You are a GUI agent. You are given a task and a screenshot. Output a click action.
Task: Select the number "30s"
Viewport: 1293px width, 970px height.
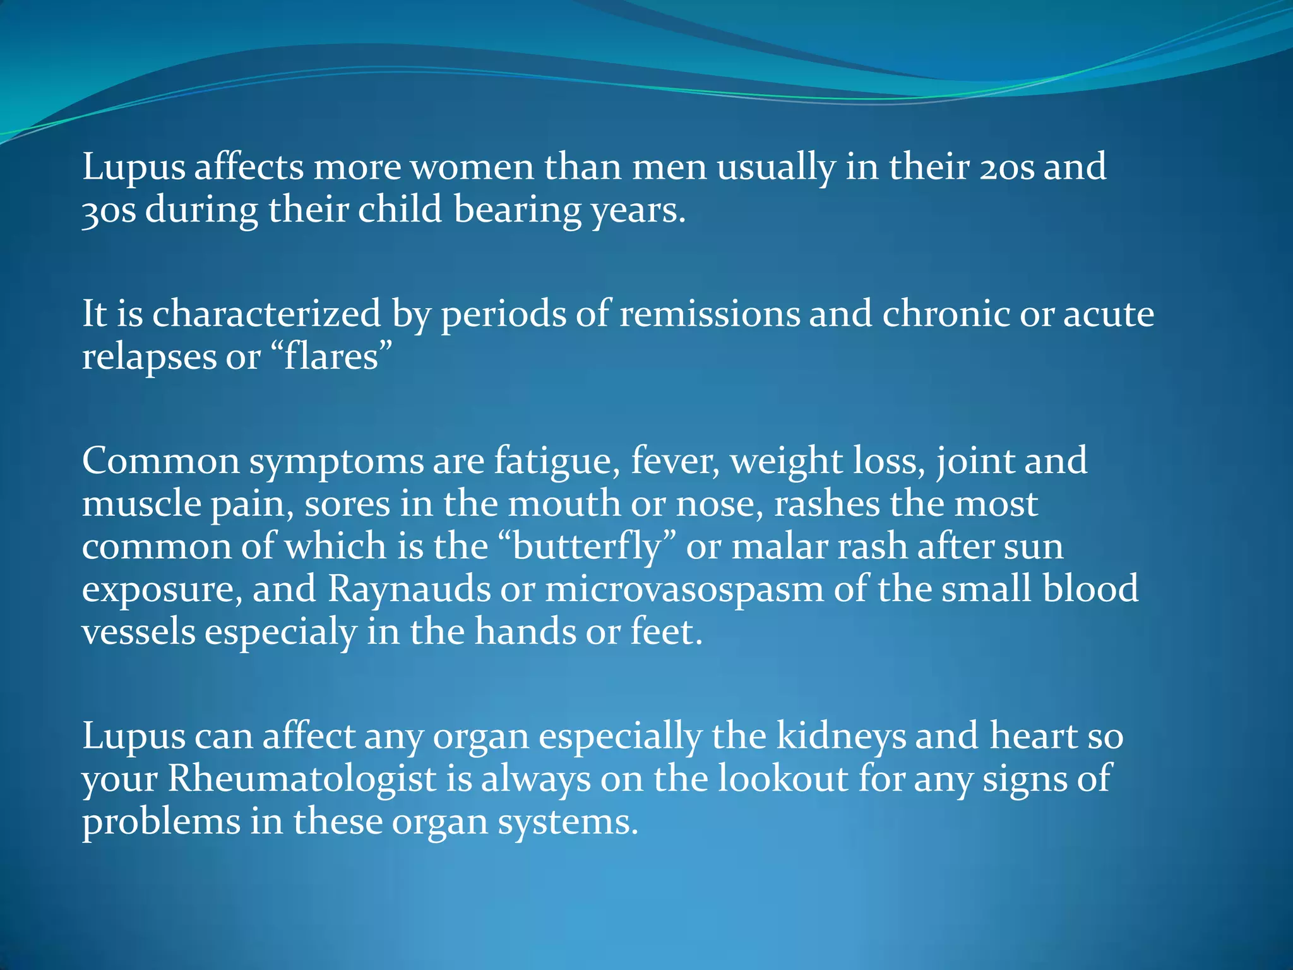[x=109, y=210]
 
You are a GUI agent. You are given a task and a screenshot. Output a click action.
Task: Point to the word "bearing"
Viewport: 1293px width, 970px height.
[x=517, y=210]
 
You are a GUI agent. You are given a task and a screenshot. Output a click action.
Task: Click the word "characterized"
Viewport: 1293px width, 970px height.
[x=266, y=314]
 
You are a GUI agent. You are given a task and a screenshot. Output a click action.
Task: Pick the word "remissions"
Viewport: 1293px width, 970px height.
[x=710, y=314]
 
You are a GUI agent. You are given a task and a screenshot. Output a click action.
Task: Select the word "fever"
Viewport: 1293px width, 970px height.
[x=674, y=461]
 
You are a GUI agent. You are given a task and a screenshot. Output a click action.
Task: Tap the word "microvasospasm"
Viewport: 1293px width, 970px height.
[x=684, y=589]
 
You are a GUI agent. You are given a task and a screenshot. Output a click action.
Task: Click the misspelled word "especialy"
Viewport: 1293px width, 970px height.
[x=280, y=632]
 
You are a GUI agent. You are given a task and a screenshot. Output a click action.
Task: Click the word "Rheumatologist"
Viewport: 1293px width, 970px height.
[x=302, y=779]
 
